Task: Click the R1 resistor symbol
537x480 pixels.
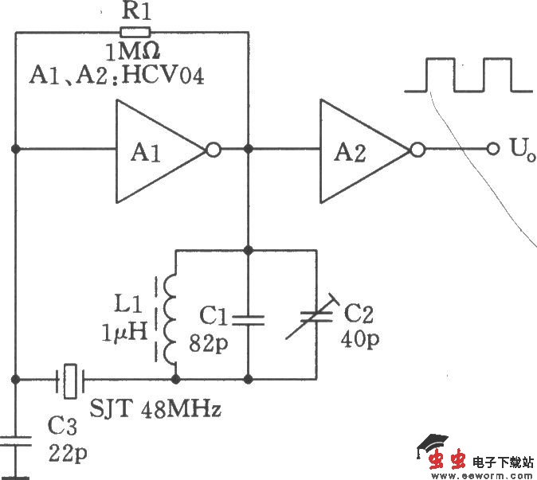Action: tap(133, 33)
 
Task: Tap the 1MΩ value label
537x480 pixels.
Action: tap(131, 53)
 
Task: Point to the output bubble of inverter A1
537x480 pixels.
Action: tap(213, 149)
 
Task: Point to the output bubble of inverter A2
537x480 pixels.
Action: tap(417, 149)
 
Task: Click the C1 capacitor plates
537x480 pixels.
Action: tap(249, 319)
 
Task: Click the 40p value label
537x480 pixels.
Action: tap(363, 339)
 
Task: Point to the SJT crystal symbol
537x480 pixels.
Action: tap(71, 380)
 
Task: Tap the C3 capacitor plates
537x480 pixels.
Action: tap(15, 441)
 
